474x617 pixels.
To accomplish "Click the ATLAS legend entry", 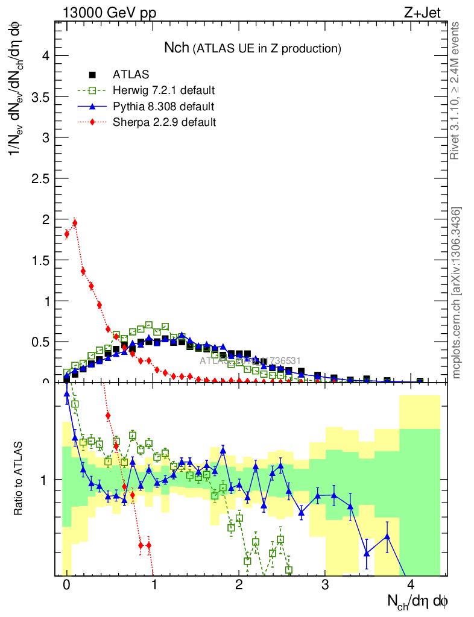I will tap(130, 75).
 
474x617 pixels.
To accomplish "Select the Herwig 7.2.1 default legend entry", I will tap(163, 91).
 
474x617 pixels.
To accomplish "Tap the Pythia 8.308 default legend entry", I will tap(163, 107).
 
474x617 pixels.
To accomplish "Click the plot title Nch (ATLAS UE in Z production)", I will tap(253, 48).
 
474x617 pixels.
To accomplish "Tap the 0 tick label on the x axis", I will tap(66, 586).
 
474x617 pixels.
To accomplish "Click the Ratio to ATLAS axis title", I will tap(19, 479).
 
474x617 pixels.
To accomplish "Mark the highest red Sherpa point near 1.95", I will tap(75, 223).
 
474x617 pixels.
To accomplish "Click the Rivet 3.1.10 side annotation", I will tap(455, 90).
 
